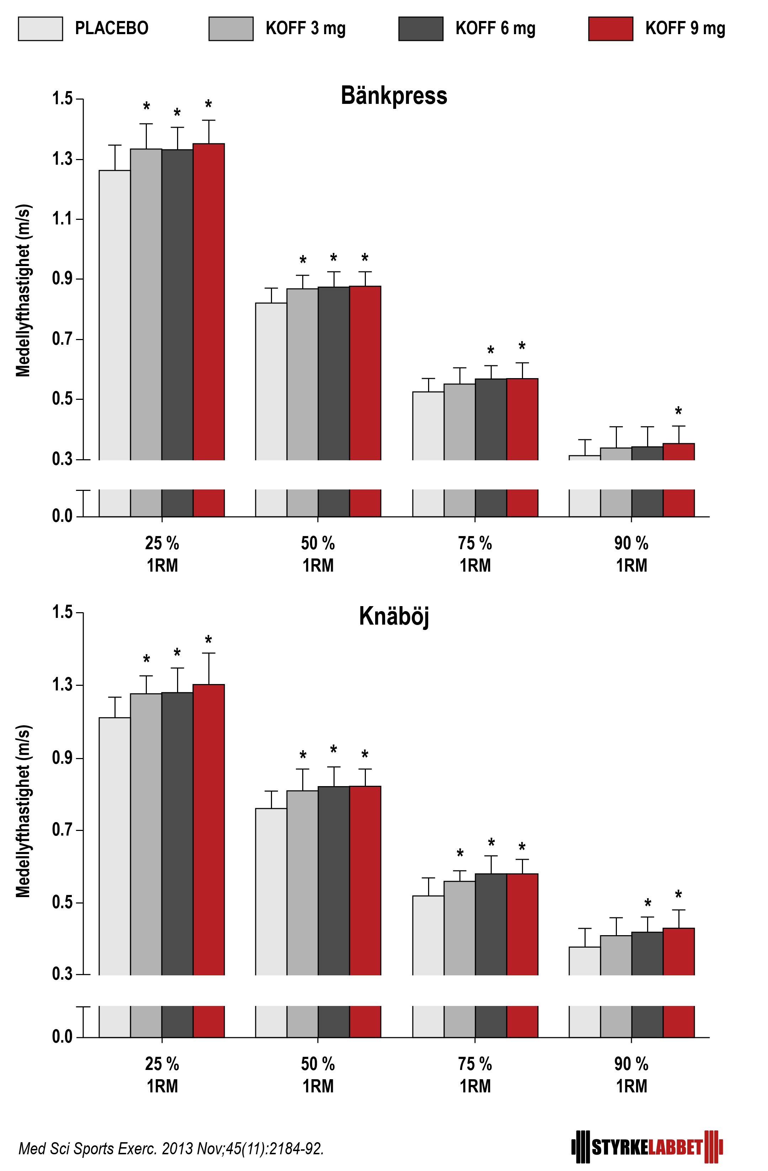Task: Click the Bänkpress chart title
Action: pyautogui.click(x=394, y=95)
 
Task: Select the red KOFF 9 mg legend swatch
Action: pyautogui.click(x=610, y=28)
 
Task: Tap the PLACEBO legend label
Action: pyautogui.click(x=112, y=28)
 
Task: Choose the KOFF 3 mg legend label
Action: pyautogui.click(x=305, y=28)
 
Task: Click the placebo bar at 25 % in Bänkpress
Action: pyautogui.click(x=114, y=315)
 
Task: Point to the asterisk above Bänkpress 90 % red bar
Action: pyautogui.click(x=678, y=411)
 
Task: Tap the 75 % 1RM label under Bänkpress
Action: pyautogui.click(x=475, y=554)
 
